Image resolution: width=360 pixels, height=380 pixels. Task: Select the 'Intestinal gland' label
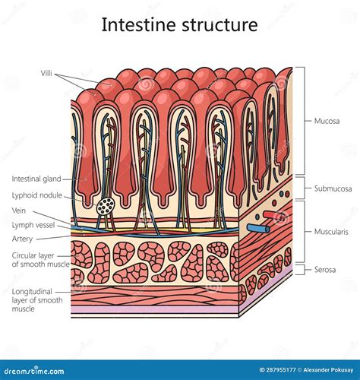[x=36, y=179]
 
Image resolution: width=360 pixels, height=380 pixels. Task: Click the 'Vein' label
[x=20, y=210]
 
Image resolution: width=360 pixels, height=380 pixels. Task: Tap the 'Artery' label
[x=22, y=238]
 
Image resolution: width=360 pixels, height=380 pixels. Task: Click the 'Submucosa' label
[x=332, y=188]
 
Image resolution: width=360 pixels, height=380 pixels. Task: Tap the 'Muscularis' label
[x=331, y=232]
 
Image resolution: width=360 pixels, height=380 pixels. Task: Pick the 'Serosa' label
[x=326, y=270]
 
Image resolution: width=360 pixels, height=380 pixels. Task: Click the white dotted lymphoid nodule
[x=106, y=206]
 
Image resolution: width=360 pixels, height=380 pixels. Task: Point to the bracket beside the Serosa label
[x=305, y=270]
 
